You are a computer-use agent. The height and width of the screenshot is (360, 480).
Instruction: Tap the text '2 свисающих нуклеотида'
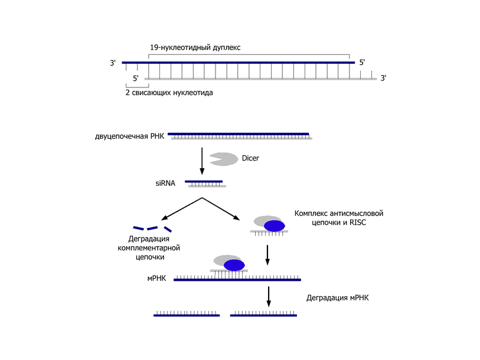[x=169, y=93]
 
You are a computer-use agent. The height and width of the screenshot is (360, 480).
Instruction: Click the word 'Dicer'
[x=250, y=158]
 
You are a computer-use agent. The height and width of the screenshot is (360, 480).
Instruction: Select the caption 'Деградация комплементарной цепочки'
[x=149, y=248]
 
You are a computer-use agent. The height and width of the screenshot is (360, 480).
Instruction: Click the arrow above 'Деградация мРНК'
[x=269, y=296]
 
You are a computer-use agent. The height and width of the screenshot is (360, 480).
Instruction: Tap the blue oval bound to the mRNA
[x=234, y=264]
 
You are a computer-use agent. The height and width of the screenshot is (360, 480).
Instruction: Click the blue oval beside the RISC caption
[x=274, y=225]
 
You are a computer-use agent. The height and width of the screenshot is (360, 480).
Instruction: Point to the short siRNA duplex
[x=205, y=184]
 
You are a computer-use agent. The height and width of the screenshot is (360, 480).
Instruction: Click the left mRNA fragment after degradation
[x=187, y=315]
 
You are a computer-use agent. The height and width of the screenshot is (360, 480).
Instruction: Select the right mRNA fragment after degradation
[x=263, y=315]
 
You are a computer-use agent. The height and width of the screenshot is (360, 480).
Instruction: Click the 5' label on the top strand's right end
[x=363, y=61]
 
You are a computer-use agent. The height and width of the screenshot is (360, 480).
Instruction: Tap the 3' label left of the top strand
[x=113, y=62]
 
